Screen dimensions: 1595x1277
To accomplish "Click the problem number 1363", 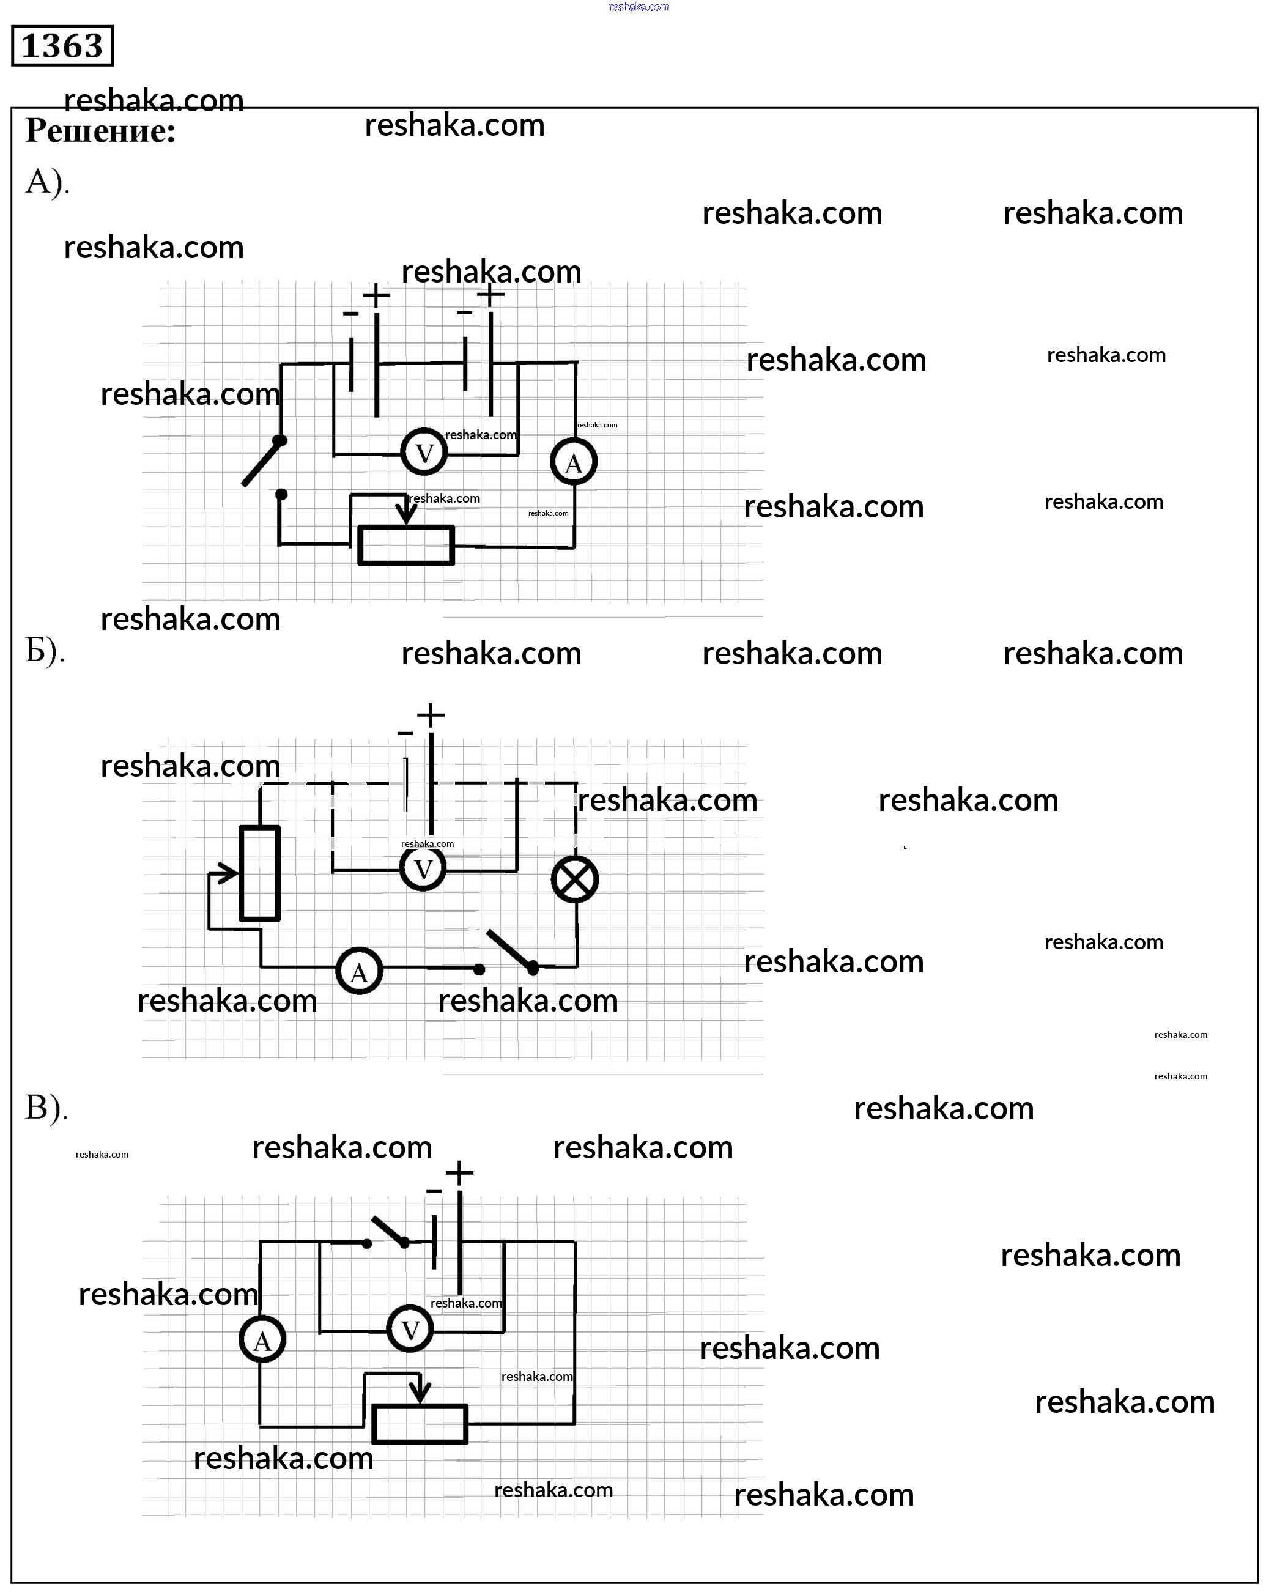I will tap(62, 46).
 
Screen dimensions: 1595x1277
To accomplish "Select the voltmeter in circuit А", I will tap(424, 452).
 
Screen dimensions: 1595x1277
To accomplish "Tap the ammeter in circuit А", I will tap(574, 462).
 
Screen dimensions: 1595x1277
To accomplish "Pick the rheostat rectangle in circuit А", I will tap(406, 546).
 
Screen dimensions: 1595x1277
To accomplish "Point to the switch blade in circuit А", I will tap(261, 462).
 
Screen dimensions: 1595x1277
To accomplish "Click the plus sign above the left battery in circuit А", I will tap(376, 296).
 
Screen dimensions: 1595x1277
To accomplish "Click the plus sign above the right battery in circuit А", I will tap(490, 294).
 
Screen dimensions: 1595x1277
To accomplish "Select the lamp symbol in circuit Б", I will tap(575, 879).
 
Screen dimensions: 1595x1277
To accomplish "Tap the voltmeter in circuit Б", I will tap(423, 868).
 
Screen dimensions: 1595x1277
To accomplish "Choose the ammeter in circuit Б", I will tap(359, 971).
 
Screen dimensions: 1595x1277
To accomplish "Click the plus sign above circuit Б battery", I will tap(431, 715).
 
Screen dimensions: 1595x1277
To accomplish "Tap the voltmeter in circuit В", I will tap(410, 1330).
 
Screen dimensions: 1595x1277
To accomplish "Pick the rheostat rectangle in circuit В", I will tap(420, 1423).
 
